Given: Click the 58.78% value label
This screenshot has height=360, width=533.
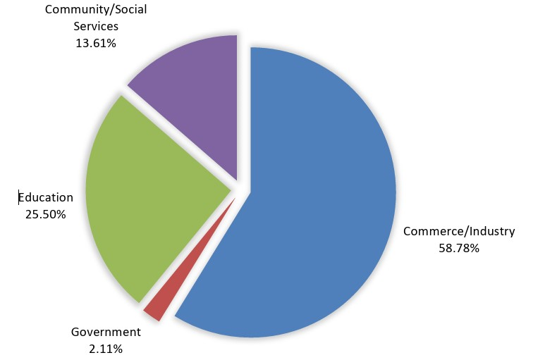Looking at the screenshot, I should (459, 248).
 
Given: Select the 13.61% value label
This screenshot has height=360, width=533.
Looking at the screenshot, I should (96, 43).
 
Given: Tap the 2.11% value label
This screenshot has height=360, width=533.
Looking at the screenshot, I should (106, 348).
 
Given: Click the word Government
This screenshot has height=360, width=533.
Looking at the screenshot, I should (106, 333).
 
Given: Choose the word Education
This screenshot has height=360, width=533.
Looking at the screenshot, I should (47, 197).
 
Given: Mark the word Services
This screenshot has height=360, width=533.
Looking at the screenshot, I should (96, 26).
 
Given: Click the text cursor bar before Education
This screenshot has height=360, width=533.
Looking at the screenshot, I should (20, 197).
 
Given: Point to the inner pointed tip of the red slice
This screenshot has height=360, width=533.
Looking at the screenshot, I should (233, 200).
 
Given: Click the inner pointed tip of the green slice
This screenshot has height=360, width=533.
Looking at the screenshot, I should (231, 188).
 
